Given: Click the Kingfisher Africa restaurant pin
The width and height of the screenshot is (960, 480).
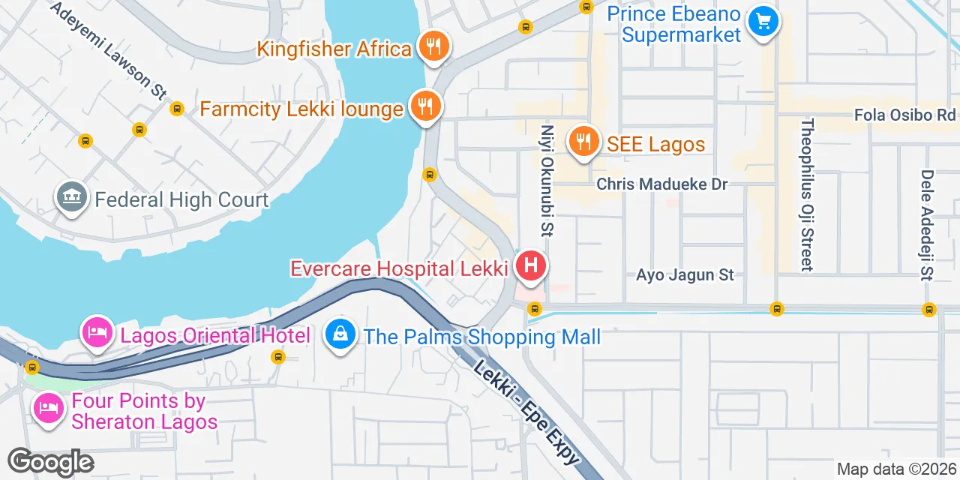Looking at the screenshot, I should pos(433,46).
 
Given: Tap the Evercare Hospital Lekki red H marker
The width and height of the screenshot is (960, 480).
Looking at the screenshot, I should pos(531,265).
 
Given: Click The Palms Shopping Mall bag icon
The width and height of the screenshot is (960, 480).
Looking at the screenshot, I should pos(340,334).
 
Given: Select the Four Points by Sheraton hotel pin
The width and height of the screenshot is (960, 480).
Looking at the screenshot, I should pos(49,409).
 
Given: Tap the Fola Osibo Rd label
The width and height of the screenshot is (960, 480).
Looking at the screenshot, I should pos(904,115).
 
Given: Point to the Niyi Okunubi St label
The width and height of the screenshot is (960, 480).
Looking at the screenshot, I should pos(547,180).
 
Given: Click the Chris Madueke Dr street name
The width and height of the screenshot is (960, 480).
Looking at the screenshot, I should pos(662,184).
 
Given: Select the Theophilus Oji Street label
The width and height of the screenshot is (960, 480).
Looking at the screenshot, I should pos(807,194).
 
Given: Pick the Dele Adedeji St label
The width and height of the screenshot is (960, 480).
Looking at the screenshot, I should pos(927,223).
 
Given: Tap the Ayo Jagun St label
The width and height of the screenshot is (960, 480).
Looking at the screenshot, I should pos(685,275).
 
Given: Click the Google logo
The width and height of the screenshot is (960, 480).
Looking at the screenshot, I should pos(50,462).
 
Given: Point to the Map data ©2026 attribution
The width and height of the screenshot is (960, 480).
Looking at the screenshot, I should pos(896,469).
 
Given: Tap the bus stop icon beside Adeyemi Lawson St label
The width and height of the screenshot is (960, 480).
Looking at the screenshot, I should pos(177,109).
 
